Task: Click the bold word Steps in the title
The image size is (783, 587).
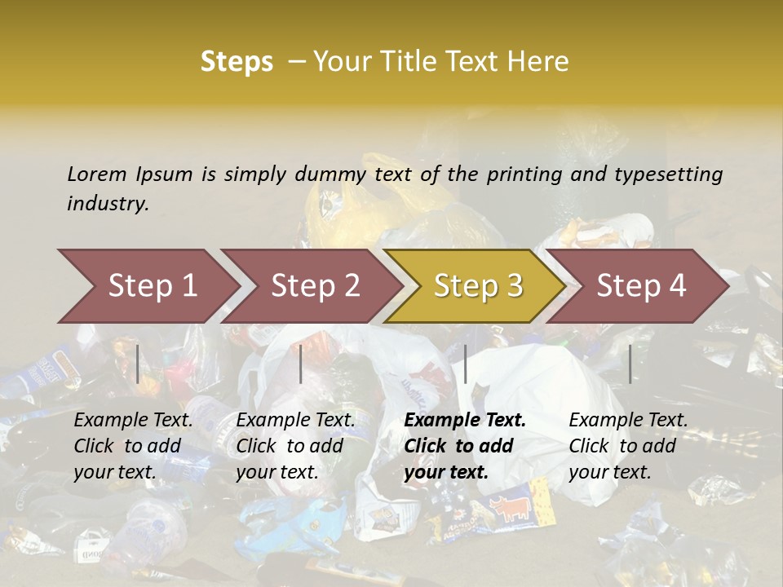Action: pos(237,62)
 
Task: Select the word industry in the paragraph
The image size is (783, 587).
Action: pos(106,203)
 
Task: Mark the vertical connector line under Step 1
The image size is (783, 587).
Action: pos(138,364)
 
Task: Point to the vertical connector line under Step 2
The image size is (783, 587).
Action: pos(301,364)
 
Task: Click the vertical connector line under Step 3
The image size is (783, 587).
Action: pos(465,364)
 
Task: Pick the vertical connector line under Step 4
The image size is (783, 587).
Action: pos(630,364)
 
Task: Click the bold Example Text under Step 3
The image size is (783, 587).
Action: pos(465,421)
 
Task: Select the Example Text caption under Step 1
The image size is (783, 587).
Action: pos(133,421)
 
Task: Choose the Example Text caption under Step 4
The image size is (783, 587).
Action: pos(628,421)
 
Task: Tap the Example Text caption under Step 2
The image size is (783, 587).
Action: pos(295,421)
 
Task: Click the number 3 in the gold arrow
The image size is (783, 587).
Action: pos(514,286)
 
